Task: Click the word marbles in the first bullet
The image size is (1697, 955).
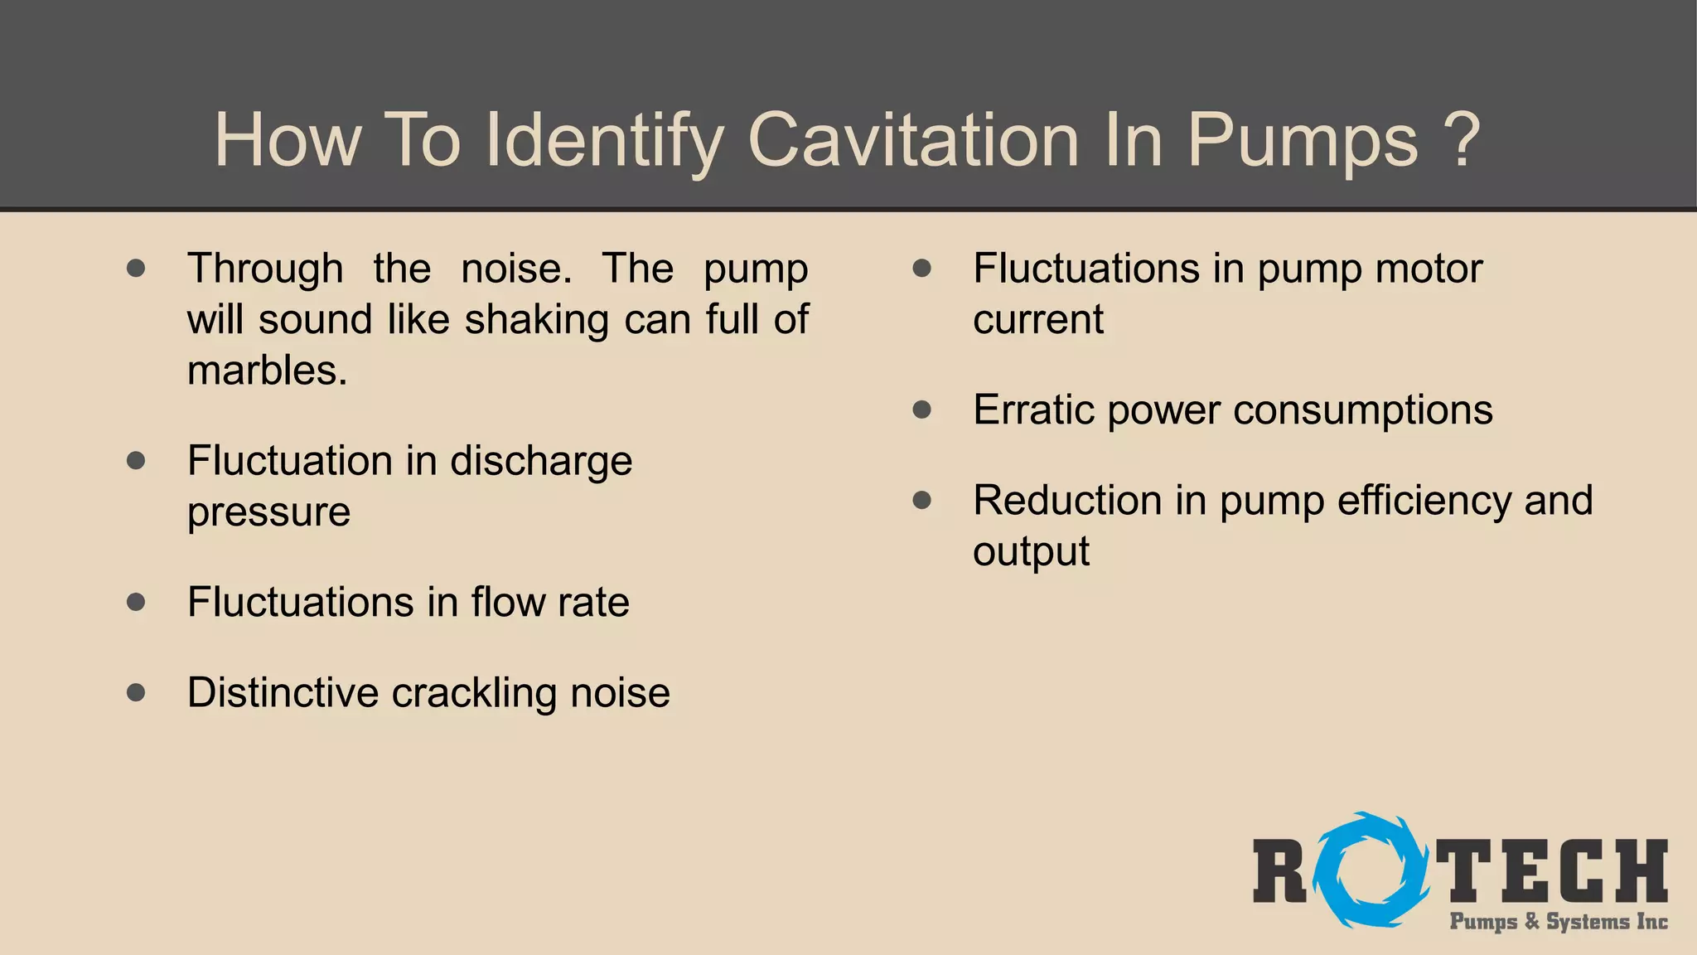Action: click(267, 370)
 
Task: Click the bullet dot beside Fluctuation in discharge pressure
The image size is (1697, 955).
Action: click(137, 460)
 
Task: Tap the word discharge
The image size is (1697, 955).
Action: click(541, 461)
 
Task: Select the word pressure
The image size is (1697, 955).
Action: click(268, 512)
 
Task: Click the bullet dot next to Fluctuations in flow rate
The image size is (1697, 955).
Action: click(137, 602)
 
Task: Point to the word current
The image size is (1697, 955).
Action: click(1038, 320)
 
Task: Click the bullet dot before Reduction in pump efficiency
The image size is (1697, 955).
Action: click(922, 500)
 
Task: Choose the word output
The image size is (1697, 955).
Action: click(1031, 552)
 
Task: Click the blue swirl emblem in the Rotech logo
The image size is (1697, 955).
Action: click(1370, 870)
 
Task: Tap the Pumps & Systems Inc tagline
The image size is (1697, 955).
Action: click(1559, 922)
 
